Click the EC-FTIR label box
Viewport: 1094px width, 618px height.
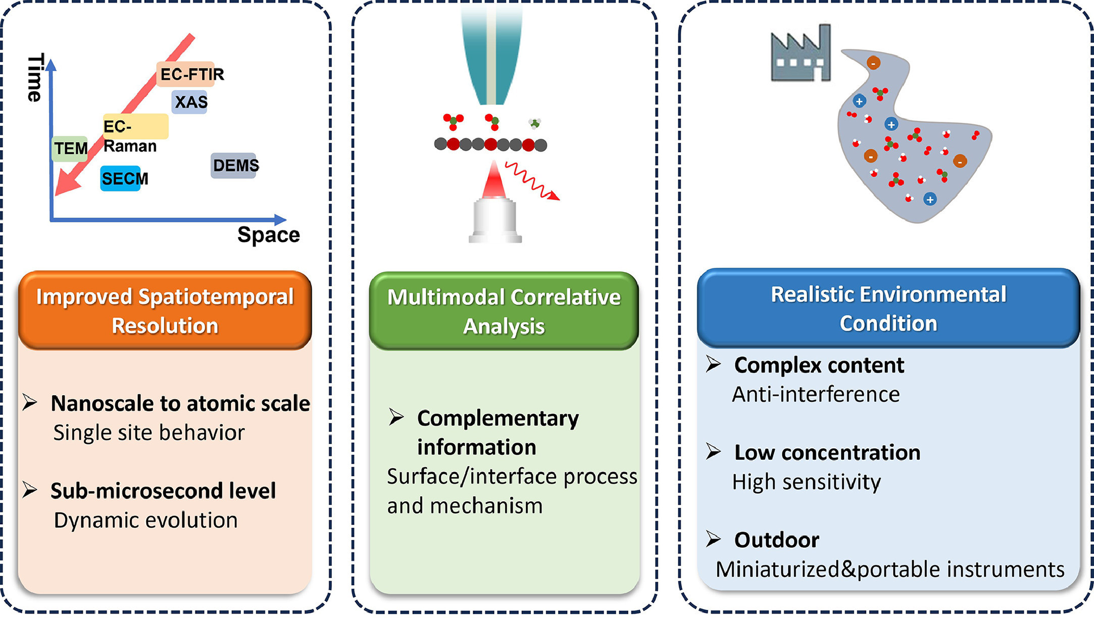[191, 74]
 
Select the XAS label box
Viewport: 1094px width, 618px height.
[190, 102]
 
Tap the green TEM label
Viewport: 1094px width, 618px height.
[70, 149]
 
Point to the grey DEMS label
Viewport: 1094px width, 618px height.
[234, 165]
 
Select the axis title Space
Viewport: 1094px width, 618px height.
[268, 235]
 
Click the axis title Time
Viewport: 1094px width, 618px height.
[34, 78]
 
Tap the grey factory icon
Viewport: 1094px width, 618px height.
[801, 54]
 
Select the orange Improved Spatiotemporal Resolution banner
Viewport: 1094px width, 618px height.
[165, 310]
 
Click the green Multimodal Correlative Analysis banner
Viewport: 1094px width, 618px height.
[504, 311]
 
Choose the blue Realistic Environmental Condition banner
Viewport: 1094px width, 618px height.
[888, 308]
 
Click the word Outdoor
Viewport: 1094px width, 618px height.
[776, 540]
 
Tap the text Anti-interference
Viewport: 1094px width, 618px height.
[816, 394]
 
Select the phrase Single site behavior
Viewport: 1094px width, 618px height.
[148, 433]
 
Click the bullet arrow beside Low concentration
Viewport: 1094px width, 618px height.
[713, 451]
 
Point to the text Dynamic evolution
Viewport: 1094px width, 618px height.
[145, 520]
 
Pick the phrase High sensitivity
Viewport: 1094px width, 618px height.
[806, 482]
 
